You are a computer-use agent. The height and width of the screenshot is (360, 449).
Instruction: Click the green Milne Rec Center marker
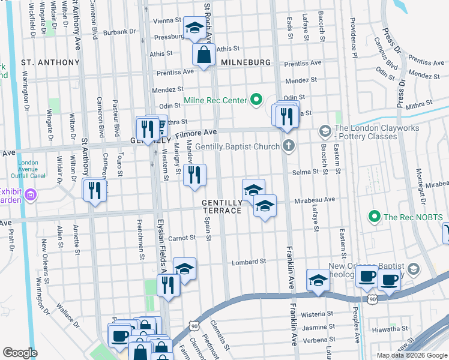[257, 99]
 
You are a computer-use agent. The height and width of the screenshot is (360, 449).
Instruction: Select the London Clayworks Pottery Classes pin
[325, 131]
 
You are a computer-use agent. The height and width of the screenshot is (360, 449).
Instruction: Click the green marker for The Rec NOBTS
[375, 216]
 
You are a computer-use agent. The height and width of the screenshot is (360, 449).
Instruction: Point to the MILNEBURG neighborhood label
[243, 62]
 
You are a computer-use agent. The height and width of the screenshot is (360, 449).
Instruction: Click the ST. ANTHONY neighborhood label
[50, 62]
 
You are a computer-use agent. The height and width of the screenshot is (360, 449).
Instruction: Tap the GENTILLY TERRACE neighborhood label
[221, 206]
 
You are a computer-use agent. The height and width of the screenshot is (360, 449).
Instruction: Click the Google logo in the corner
[20, 353]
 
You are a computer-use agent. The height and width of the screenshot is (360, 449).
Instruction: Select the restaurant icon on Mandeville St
[194, 175]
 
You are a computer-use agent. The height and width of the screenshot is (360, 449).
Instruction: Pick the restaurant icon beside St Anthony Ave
[94, 190]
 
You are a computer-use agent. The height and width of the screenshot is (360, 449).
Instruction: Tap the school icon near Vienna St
[194, 28]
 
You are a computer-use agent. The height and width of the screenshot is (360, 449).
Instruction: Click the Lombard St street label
[250, 262]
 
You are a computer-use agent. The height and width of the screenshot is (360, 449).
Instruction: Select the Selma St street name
[305, 172]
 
